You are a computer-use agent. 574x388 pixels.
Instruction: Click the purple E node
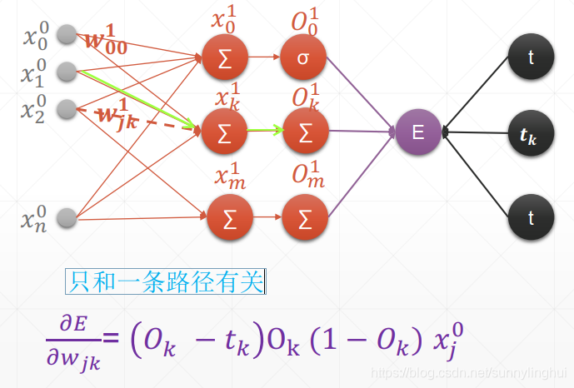(419, 132)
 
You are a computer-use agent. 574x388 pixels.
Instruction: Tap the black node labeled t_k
(530, 132)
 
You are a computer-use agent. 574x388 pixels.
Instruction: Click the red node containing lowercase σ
(305, 58)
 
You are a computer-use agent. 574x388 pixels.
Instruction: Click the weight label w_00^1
(106, 42)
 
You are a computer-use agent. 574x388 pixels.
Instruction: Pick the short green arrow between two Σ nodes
(267, 131)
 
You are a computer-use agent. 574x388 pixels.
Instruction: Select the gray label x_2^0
(34, 109)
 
